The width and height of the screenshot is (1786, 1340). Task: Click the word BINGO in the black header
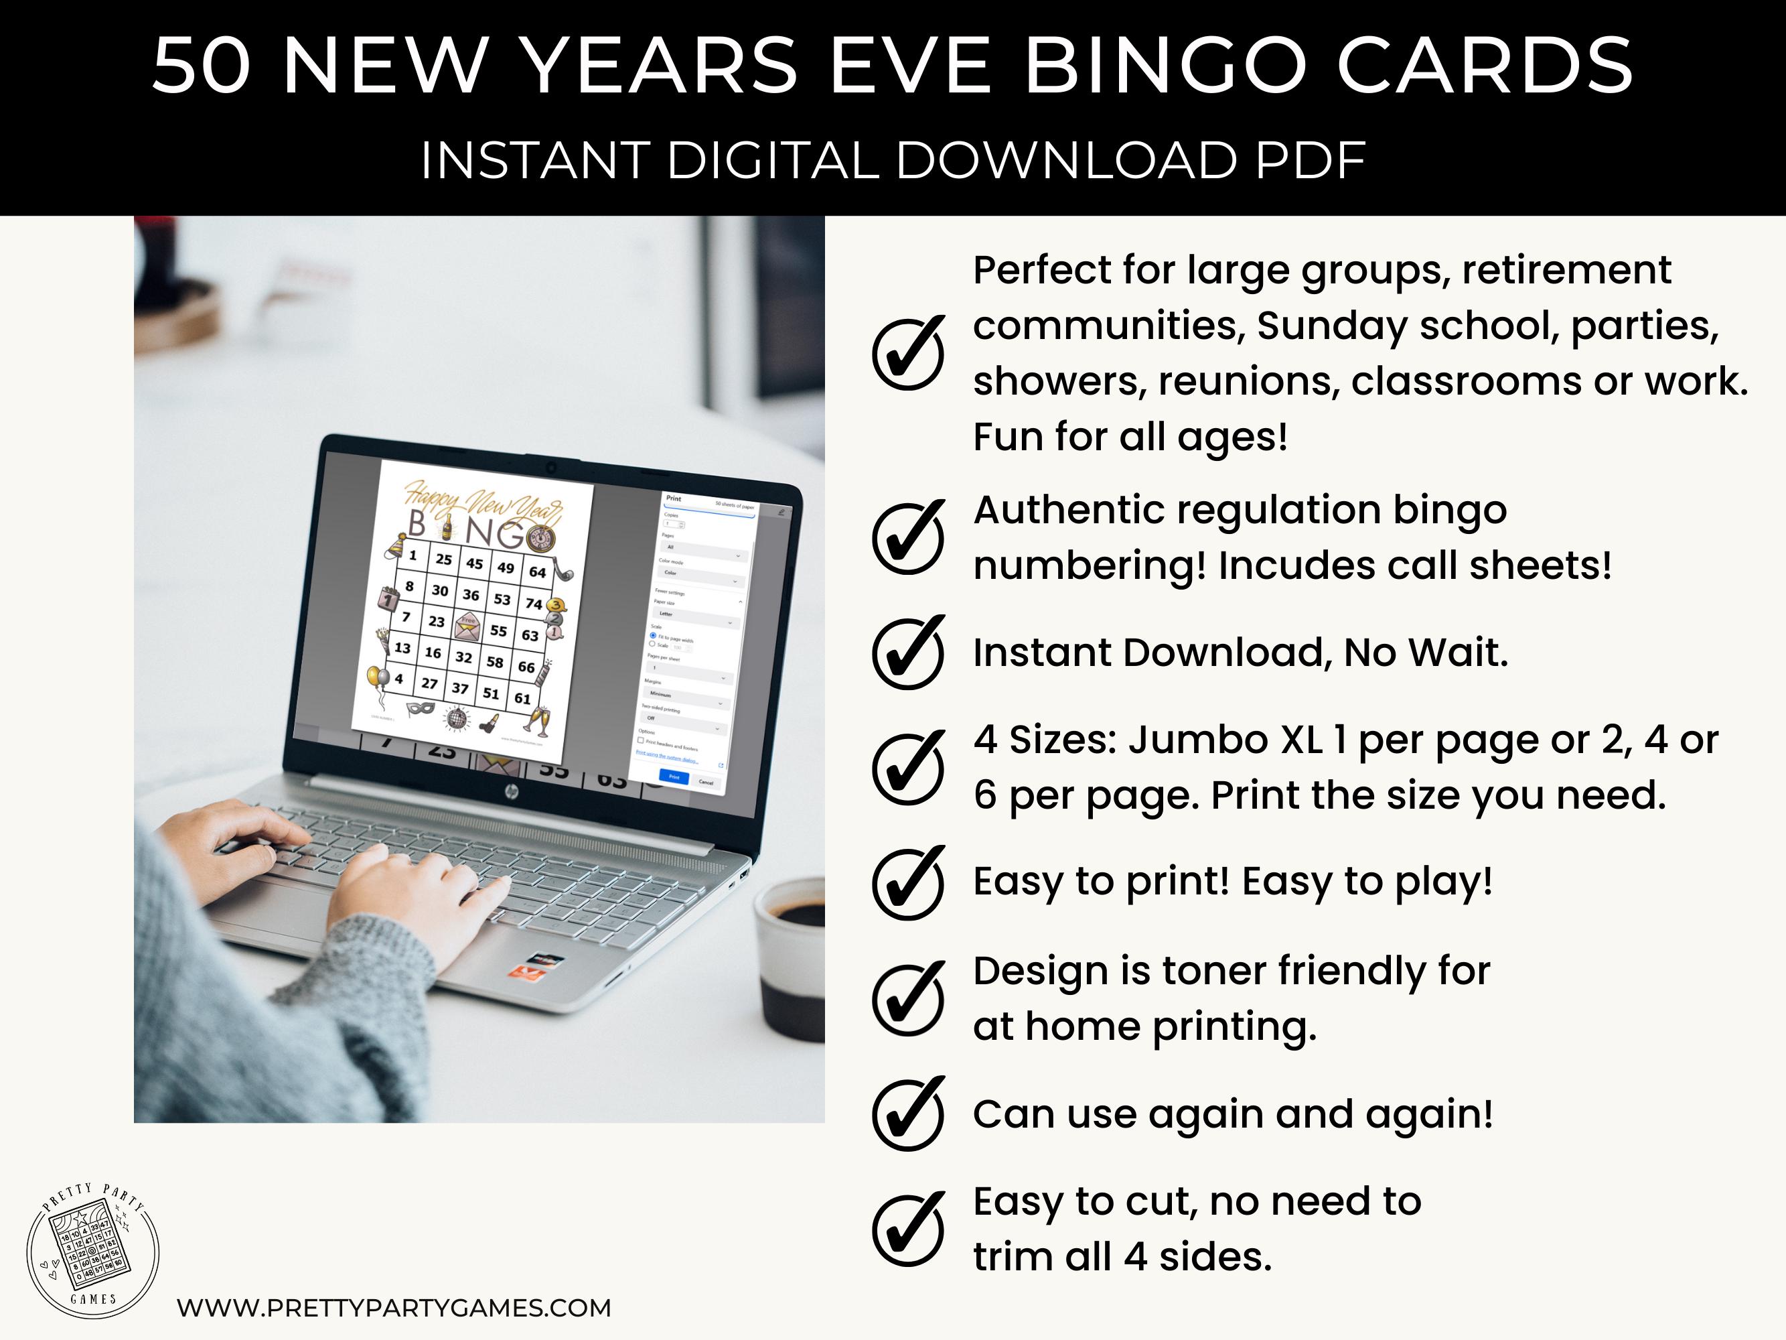point(1166,66)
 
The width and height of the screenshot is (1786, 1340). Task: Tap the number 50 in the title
point(202,66)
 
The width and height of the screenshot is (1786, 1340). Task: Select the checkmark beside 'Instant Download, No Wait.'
point(908,653)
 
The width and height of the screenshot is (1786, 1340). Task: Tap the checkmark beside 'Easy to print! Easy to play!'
point(908,883)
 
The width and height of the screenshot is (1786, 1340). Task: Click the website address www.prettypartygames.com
point(394,1308)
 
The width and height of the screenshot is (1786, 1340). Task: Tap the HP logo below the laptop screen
point(511,793)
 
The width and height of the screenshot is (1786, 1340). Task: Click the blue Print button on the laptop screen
point(674,777)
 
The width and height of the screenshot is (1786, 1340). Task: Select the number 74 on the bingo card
point(534,604)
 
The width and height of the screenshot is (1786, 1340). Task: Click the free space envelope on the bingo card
point(467,624)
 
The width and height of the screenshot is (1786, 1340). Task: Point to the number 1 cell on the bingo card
point(413,555)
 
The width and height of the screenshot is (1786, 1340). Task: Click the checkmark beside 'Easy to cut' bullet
point(908,1229)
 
